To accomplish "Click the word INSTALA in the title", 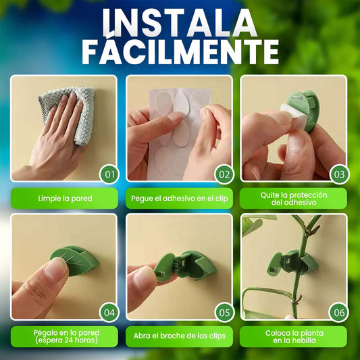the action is point(180,23).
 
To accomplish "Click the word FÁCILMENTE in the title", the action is point(180,52).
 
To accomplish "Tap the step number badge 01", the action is point(109,174).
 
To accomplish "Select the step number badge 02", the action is point(224,174).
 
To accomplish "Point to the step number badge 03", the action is point(339,174).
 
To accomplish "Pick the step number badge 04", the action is point(109,312).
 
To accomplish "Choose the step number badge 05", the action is point(224,312).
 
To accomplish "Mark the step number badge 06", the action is point(339,312).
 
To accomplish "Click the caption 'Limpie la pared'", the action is point(65,199).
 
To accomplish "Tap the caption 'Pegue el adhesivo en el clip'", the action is point(179,199).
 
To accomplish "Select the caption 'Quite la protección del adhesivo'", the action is point(294,199).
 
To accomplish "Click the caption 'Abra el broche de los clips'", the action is point(179,336).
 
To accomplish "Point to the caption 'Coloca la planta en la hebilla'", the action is point(294,336).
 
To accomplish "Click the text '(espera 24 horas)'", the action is point(66,340).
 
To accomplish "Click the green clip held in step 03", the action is point(303,110).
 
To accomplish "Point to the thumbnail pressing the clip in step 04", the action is point(55,268).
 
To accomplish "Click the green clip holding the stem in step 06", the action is point(292,263).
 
